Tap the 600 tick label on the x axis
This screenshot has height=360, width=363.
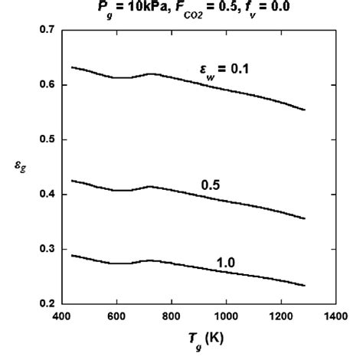click(x=116, y=316)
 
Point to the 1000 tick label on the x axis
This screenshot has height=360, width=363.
click(x=226, y=316)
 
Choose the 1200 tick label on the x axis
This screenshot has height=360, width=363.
click(x=281, y=316)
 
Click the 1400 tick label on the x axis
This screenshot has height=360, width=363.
click(x=335, y=316)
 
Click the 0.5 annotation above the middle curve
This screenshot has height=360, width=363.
click(x=211, y=185)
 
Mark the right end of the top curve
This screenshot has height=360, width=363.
click(x=305, y=110)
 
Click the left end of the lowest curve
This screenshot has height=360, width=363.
click(x=71, y=255)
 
